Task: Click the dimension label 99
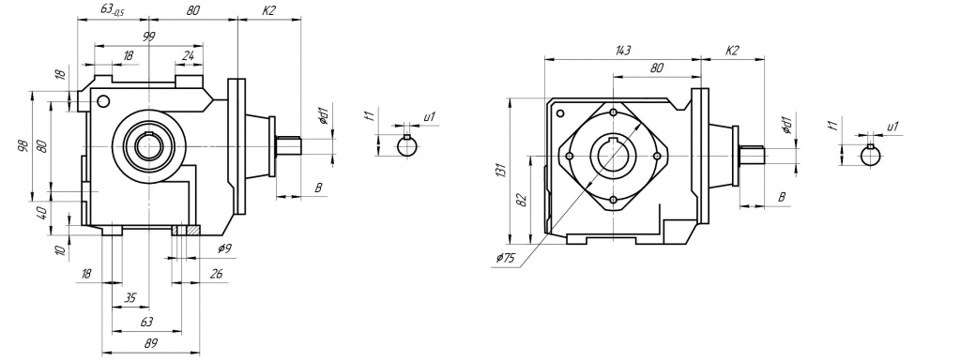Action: coord(149,37)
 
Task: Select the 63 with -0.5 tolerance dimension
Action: coord(112,9)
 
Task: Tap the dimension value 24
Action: coord(188,55)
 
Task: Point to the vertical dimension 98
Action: coord(23,146)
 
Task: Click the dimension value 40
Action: coord(42,213)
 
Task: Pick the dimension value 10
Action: coord(59,250)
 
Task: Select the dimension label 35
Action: coord(130,298)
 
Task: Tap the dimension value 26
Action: coord(216,274)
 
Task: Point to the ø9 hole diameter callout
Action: coord(224,248)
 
